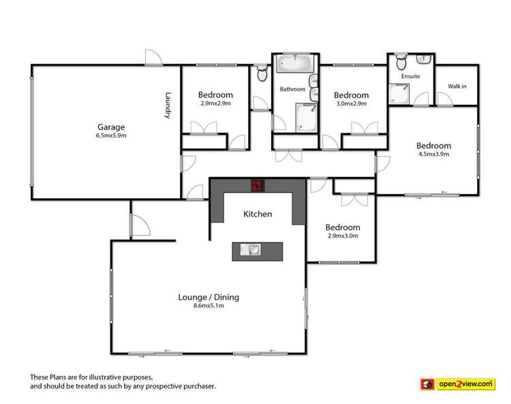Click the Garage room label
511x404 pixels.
click(x=111, y=127)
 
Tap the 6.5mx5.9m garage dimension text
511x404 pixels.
click(x=111, y=135)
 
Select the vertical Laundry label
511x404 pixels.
click(x=167, y=106)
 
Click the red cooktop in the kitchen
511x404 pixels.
click(x=258, y=183)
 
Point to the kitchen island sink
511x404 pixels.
click(x=251, y=249)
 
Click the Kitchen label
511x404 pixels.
click(x=258, y=214)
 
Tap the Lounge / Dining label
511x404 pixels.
click(x=208, y=297)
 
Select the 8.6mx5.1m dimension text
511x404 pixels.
click(x=208, y=306)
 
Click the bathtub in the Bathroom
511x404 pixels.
click(x=295, y=65)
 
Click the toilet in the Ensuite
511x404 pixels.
click(x=401, y=64)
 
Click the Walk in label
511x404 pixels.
click(x=456, y=86)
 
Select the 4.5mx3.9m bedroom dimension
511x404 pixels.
click(x=433, y=154)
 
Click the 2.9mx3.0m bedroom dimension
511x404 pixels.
click(x=342, y=236)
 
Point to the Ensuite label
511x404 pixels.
click(x=411, y=76)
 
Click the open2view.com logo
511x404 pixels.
click(x=465, y=384)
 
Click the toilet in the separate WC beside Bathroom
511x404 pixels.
click(x=262, y=74)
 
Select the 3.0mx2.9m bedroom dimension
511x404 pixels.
click(x=351, y=104)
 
